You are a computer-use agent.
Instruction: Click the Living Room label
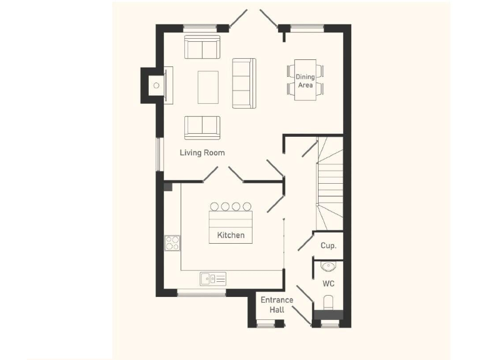pos(202,152)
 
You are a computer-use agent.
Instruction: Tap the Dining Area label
pos(305,81)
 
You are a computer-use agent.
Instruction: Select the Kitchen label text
pos(231,236)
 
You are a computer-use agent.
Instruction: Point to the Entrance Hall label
pos(277,305)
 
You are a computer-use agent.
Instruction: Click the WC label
pos(329,284)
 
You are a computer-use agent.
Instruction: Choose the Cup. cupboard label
pos(329,246)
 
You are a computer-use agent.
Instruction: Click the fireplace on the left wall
pos(156,84)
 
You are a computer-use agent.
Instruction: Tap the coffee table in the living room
pos(208,87)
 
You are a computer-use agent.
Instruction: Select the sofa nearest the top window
pos(202,47)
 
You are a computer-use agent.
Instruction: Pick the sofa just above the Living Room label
pos(202,127)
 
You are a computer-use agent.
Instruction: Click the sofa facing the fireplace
pos(244,83)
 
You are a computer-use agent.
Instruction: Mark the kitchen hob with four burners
pos(172,242)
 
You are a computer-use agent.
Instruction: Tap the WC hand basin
pos(329,266)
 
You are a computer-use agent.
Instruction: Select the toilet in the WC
pos(329,303)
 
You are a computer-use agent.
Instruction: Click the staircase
pos(329,184)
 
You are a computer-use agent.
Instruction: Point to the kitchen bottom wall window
pos(201,292)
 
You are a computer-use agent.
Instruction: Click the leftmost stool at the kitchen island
pos(214,206)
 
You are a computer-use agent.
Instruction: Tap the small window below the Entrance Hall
pos(266,324)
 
